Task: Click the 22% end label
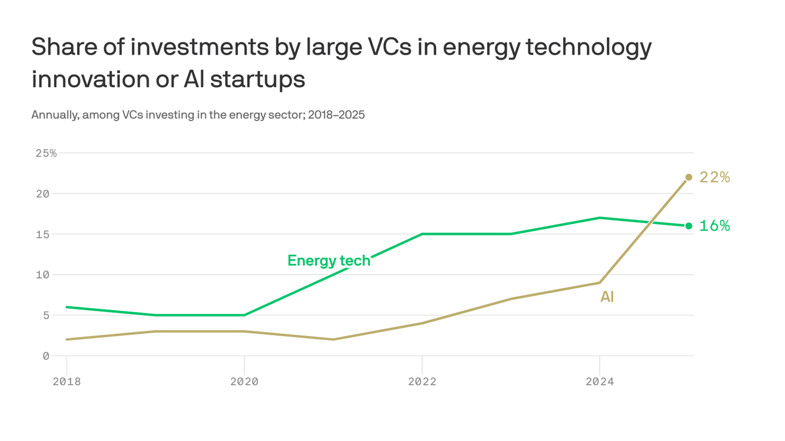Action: [714, 177]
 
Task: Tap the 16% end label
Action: [714, 226]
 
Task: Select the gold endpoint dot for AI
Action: [688, 177]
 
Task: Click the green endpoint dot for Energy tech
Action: [688, 226]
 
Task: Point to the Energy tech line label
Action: [329, 261]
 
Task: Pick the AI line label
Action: [607, 297]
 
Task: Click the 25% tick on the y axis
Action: [46, 153]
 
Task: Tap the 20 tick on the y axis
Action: [43, 194]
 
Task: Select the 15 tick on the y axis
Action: [43, 234]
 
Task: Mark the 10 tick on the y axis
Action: [43, 274]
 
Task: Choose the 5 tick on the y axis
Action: [46, 315]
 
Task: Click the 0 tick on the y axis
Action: [46, 356]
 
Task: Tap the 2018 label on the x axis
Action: [67, 382]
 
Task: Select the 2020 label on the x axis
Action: [244, 382]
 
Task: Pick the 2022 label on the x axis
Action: [422, 382]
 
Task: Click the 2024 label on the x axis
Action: [599, 382]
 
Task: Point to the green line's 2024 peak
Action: [599, 218]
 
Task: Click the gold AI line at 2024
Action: [599, 283]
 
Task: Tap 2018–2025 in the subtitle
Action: [336, 115]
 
